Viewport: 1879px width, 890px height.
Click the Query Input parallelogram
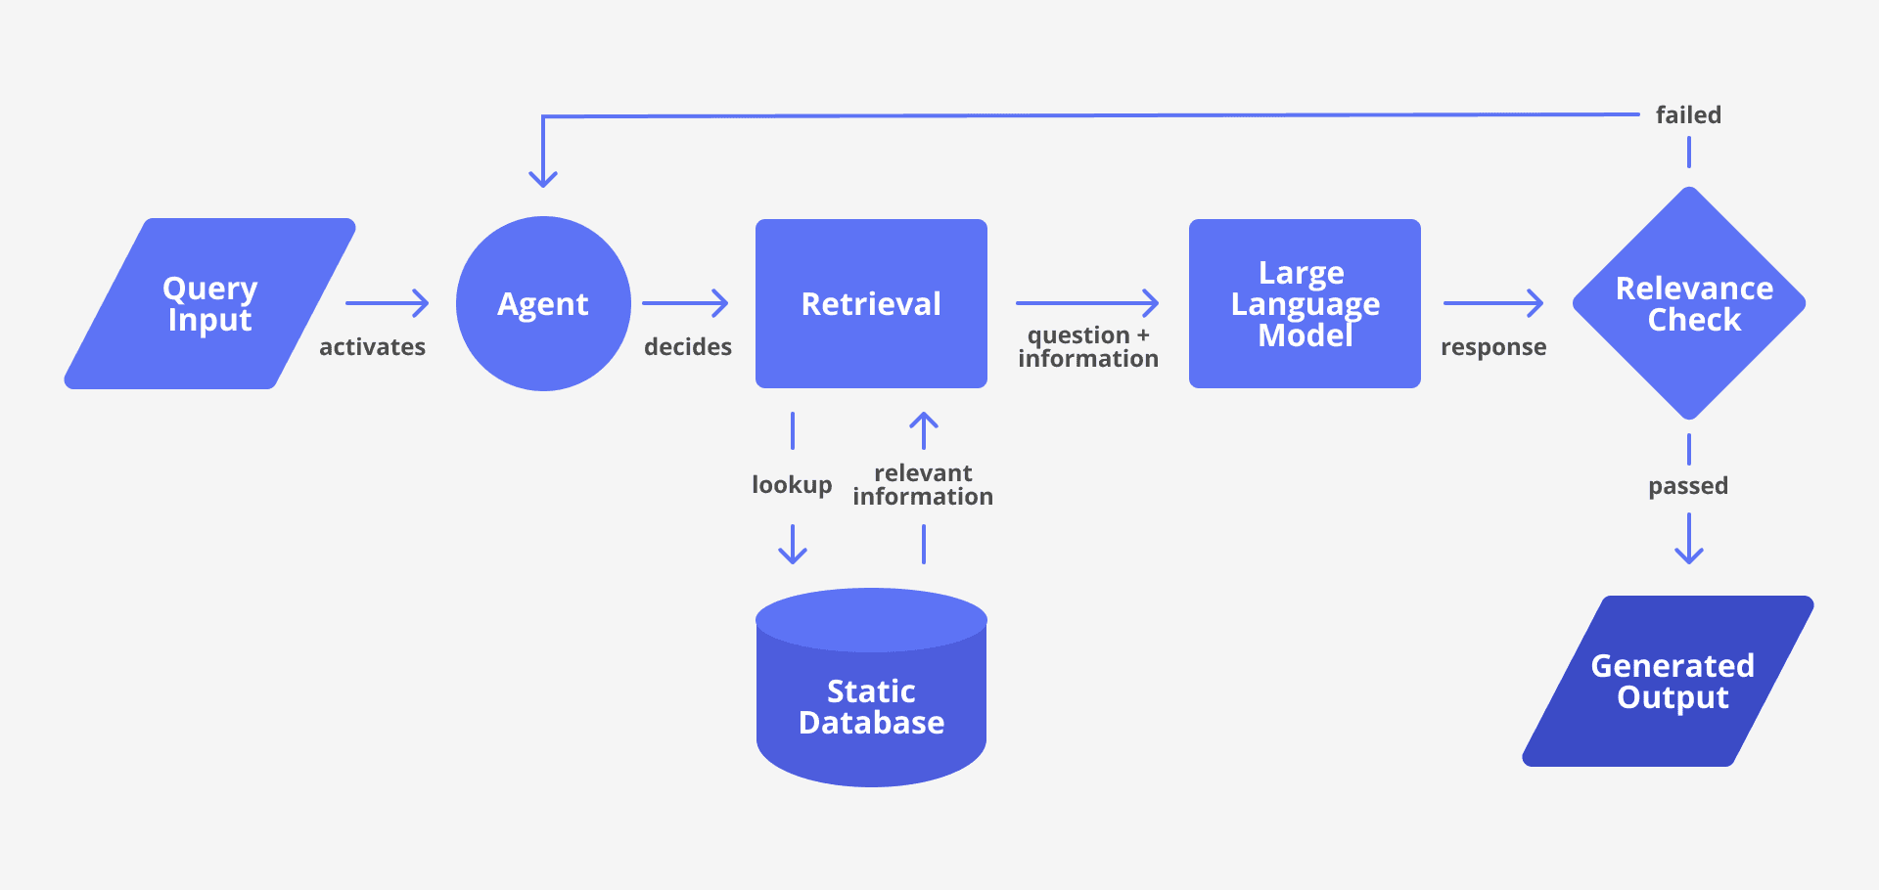click(209, 303)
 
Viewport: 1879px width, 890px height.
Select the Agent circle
click(543, 303)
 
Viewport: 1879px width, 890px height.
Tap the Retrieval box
click(871, 303)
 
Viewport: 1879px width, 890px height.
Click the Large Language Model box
click(1305, 303)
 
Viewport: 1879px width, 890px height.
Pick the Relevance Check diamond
click(1689, 303)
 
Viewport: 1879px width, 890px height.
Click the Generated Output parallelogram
click(1669, 681)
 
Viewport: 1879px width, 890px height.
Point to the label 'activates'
click(372, 347)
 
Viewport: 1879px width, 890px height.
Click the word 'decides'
click(688, 347)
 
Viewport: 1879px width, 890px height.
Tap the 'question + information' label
click(1088, 347)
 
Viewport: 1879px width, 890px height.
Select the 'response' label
click(1493, 347)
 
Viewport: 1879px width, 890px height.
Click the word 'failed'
click(1688, 115)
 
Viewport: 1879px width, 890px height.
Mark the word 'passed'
click(1688, 486)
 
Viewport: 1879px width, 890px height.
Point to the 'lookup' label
click(792, 485)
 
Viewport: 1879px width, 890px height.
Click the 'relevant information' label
click(923, 485)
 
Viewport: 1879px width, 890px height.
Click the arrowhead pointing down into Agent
click(543, 178)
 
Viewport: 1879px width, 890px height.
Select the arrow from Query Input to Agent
click(388, 303)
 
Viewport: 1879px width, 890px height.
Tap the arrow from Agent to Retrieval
click(685, 303)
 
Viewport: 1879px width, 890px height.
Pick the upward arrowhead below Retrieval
click(924, 421)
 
